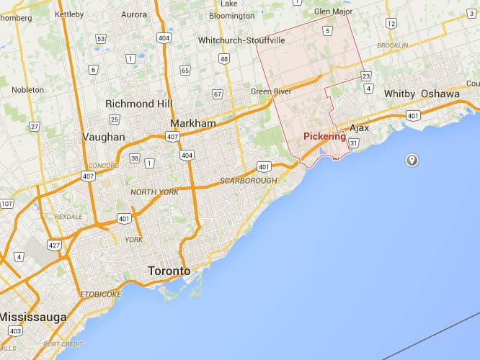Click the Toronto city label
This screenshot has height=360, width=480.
[169, 271]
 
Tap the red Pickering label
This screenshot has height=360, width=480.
[324, 136]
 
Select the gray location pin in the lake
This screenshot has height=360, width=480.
[412, 159]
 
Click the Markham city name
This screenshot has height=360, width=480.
[193, 123]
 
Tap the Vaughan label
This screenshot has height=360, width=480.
[104, 137]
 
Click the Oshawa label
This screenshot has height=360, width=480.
[440, 94]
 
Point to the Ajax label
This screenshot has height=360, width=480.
[359, 127]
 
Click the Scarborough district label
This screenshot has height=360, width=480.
[248, 180]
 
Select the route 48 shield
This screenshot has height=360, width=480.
[225, 58]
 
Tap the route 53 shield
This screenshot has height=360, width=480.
[101, 39]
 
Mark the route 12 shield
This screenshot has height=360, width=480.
[391, 24]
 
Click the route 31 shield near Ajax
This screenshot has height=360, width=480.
[354, 143]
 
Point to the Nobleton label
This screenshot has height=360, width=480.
[27, 90]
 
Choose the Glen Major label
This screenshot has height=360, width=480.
[334, 11]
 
